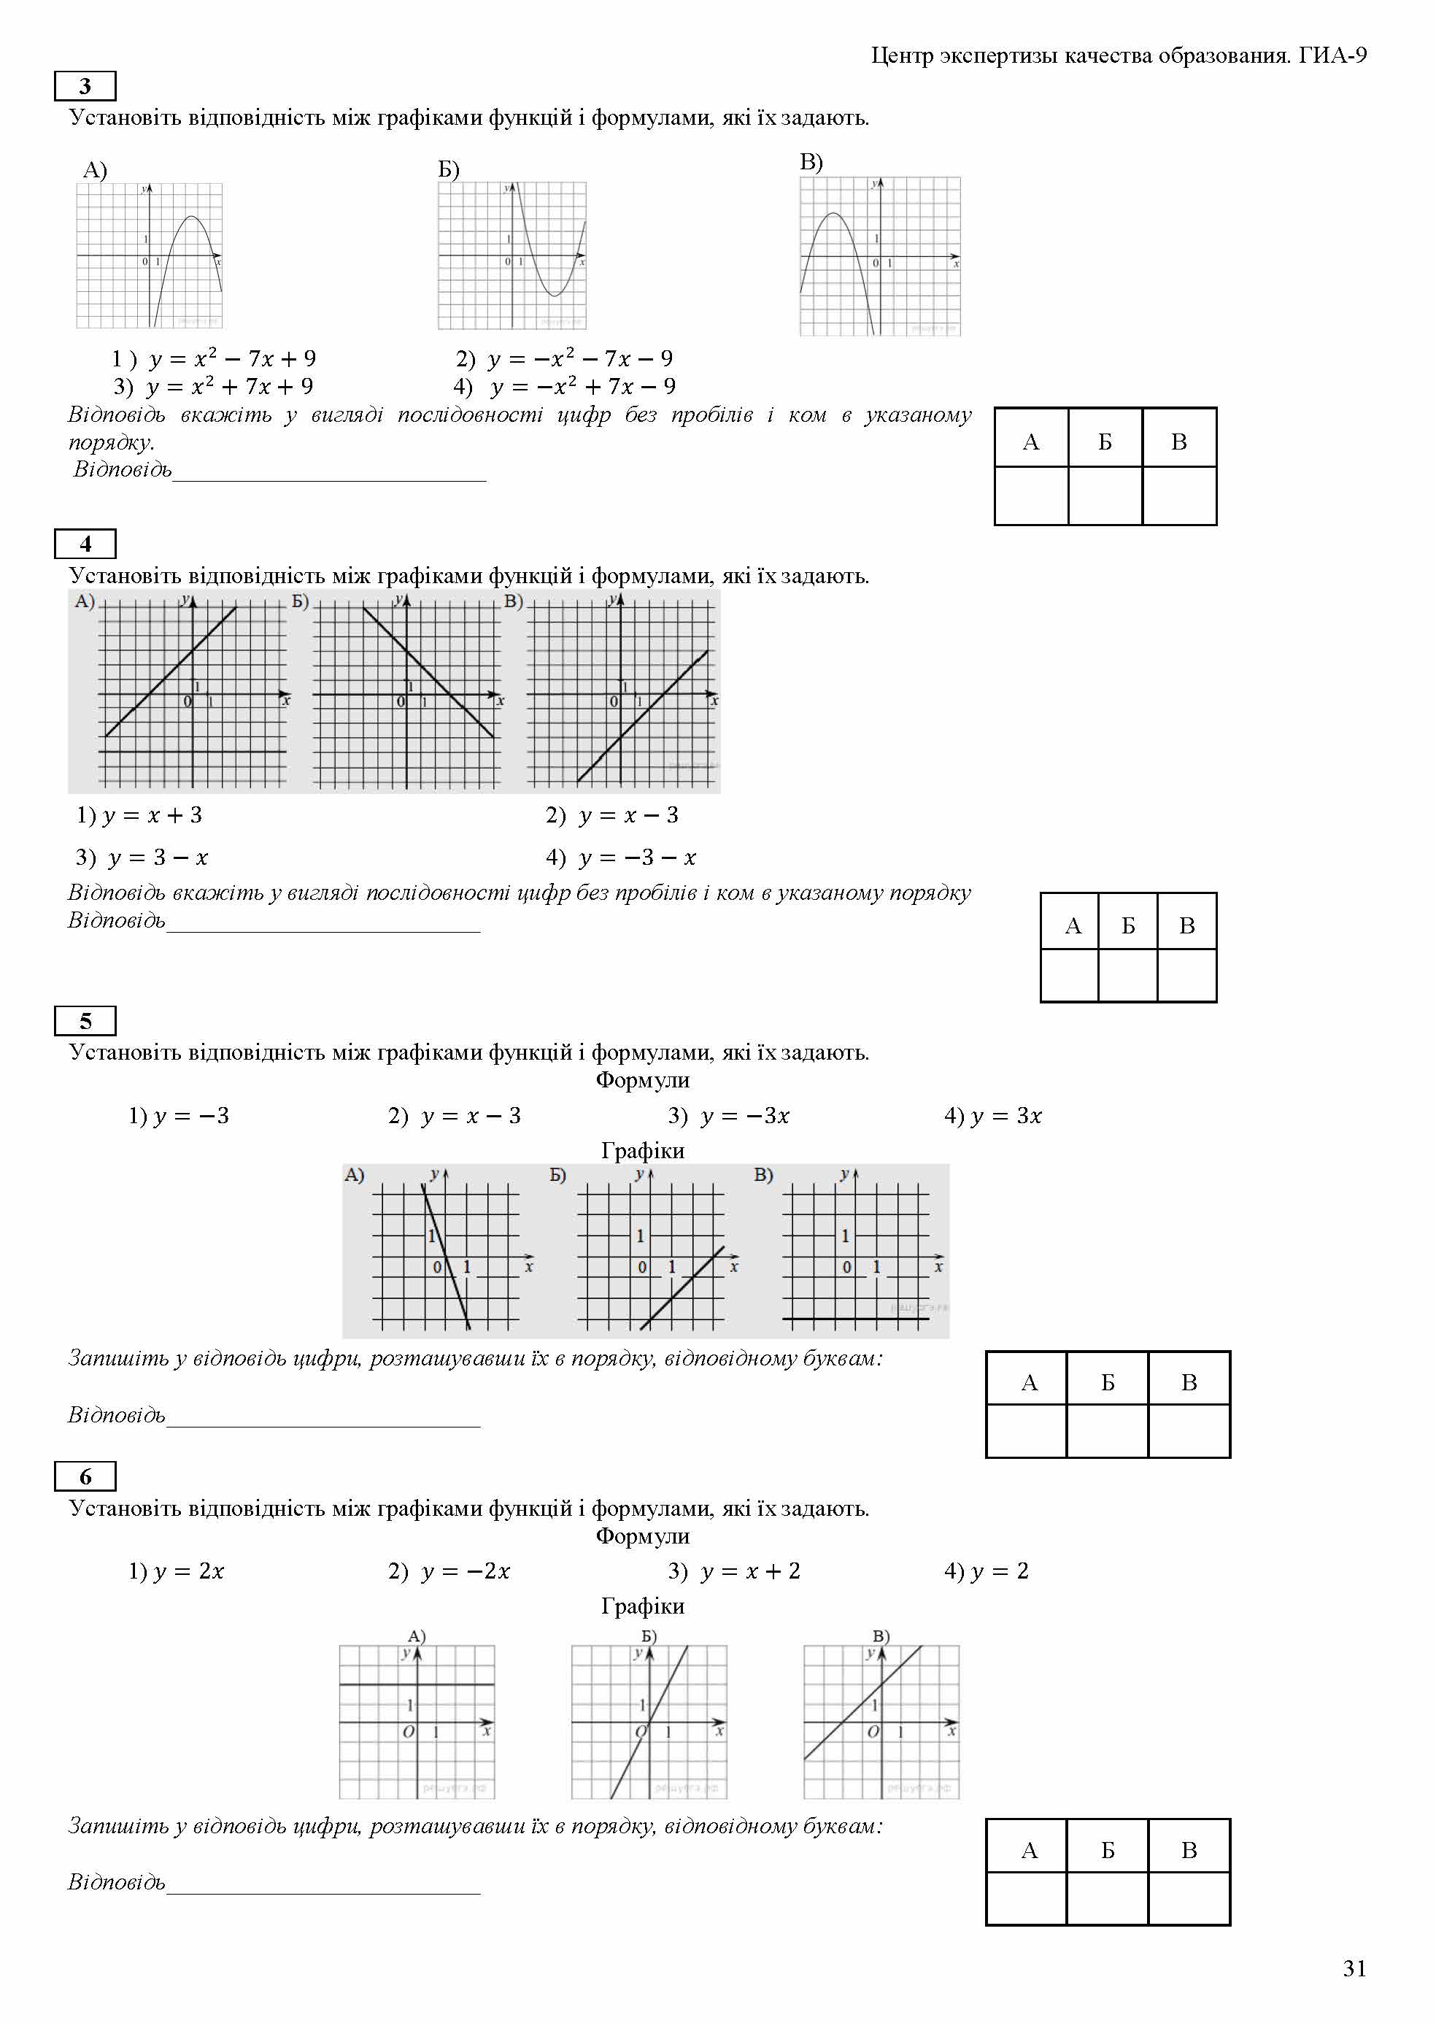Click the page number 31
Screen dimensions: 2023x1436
click(x=1354, y=1968)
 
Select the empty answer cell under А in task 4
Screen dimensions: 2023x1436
click(x=1069, y=974)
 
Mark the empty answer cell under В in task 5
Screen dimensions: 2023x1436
click(x=1189, y=1430)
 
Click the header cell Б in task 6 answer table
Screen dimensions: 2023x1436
click(x=1107, y=1851)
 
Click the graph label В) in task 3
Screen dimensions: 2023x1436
click(x=811, y=162)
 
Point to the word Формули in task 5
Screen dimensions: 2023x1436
click(x=642, y=1079)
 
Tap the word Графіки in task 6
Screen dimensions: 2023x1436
click(x=642, y=1606)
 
